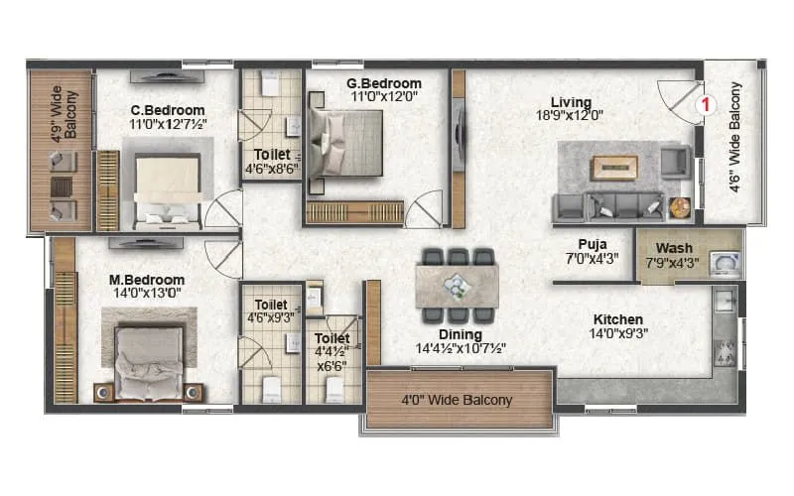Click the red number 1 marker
706,102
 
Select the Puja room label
593,243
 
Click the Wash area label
674,248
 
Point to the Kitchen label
618,319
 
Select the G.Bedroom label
383,83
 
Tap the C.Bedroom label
168,110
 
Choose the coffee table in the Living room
614,167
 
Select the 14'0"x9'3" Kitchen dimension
618,334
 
